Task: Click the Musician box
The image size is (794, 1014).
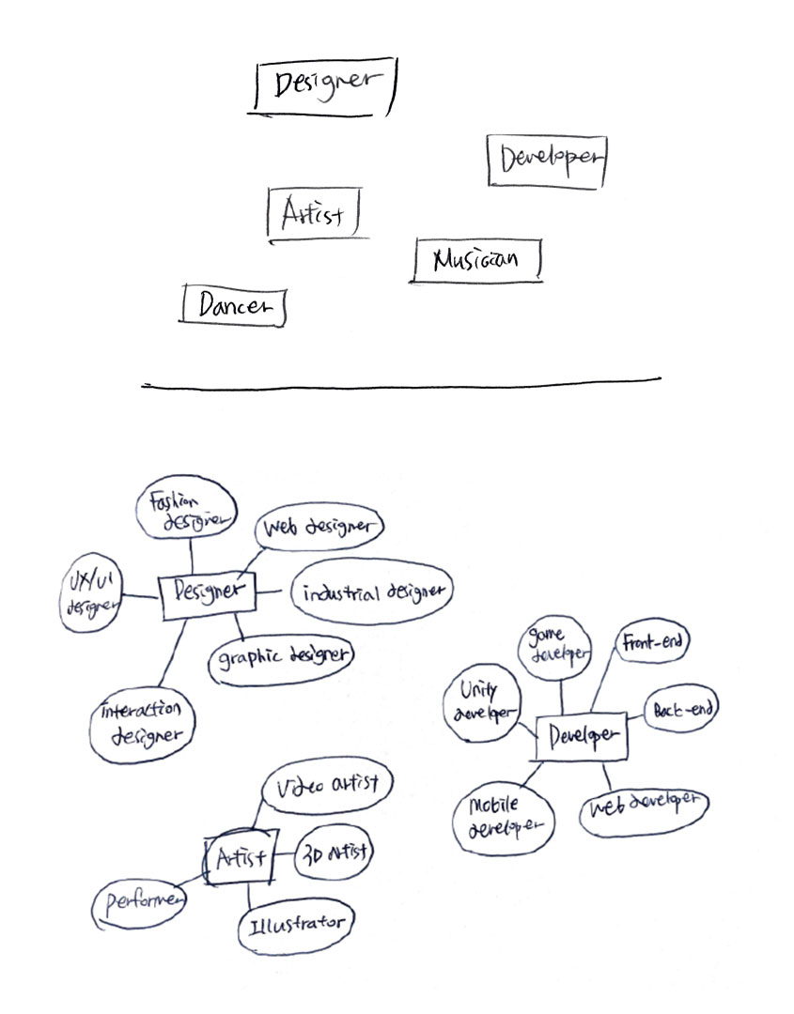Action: tap(476, 260)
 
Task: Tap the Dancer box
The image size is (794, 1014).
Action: tap(233, 305)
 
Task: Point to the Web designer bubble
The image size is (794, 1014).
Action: tap(319, 528)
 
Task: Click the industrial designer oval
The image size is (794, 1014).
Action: tap(372, 593)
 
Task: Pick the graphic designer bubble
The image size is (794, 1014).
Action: tap(281, 655)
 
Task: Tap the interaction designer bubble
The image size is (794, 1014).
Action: tap(144, 723)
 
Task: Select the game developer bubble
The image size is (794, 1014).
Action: tap(556, 643)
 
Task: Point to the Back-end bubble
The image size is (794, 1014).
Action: tap(678, 710)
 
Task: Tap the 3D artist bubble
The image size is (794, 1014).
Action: tap(335, 854)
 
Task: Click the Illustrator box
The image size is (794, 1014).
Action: tap(296, 925)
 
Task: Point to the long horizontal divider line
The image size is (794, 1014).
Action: tap(401, 383)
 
